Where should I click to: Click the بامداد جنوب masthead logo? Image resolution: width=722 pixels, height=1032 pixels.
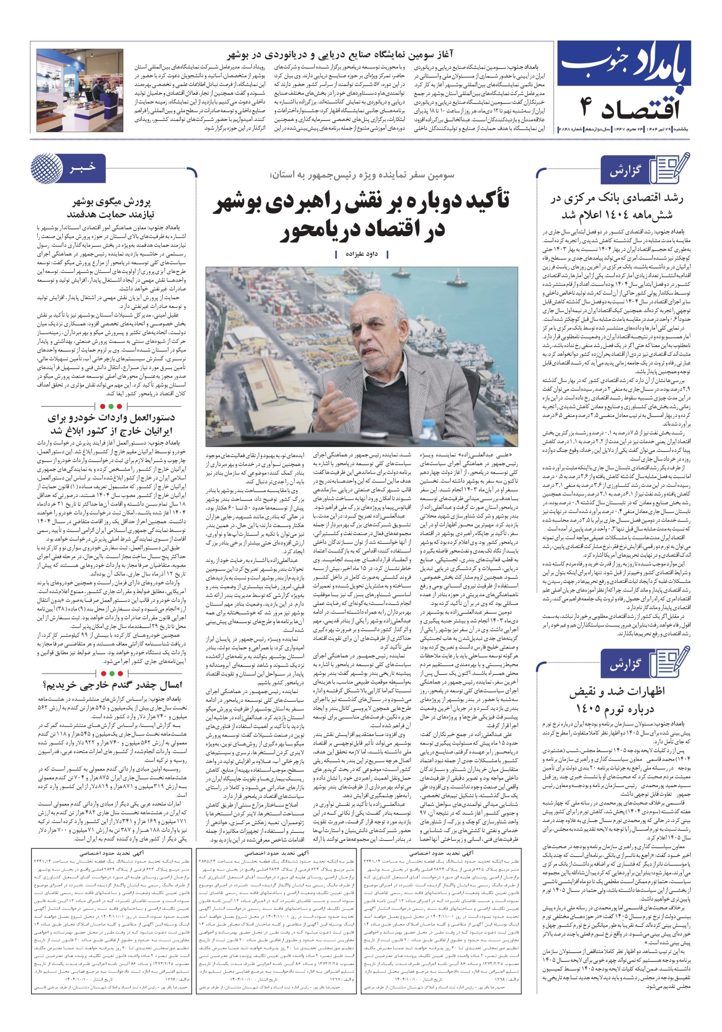point(624,67)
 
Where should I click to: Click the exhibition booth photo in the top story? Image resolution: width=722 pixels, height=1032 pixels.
point(80,90)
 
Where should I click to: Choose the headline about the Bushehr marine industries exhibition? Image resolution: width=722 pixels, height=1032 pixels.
point(340,55)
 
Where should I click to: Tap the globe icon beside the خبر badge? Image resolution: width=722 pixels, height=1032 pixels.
point(47,168)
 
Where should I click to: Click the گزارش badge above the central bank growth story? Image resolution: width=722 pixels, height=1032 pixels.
point(625,171)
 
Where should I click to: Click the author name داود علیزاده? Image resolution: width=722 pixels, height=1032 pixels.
point(361,254)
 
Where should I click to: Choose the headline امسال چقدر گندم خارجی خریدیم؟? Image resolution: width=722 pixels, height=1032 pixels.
point(112,685)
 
